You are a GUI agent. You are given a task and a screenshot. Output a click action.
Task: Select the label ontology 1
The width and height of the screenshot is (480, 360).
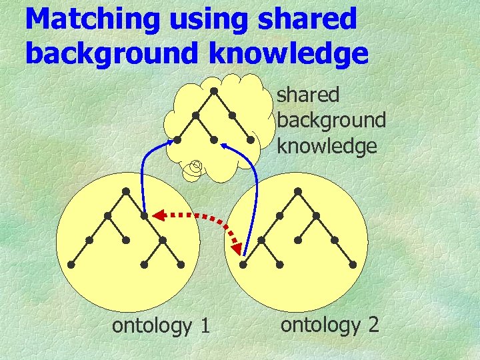pos(161,326)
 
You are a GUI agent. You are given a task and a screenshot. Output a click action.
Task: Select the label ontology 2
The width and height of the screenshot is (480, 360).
pos(330,325)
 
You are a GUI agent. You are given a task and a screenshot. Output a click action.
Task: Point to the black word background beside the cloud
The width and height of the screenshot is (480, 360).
pos(331,121)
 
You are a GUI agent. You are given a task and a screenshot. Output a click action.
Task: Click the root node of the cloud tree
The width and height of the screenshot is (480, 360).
pos(213,90)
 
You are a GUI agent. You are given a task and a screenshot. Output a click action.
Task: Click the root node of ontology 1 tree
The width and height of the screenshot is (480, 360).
pos(126,191)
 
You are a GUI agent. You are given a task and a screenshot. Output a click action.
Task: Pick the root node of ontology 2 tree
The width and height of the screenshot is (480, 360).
pos(297,191)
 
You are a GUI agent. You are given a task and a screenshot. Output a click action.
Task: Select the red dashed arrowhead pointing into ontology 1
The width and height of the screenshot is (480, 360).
pos(157,215)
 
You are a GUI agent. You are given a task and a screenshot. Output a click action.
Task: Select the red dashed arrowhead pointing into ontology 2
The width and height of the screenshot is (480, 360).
pos(237,249)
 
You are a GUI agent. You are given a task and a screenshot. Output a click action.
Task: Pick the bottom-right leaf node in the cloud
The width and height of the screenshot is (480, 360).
pos(251,140)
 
